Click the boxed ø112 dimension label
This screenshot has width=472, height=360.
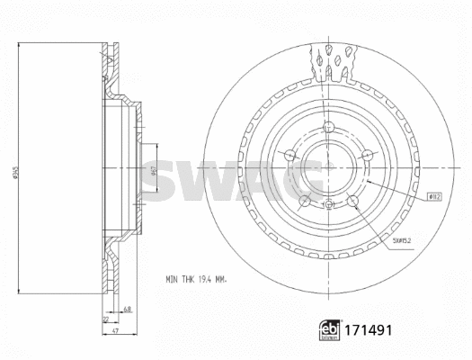(x=433, y=195)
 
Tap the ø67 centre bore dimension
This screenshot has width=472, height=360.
(x=153, y=171)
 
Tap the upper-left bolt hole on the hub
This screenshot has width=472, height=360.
(x=289, y=155)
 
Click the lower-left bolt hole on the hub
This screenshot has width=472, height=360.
(x=305, y=201)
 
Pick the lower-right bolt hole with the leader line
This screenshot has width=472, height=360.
(x=352, y=201)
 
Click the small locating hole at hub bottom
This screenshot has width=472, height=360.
(x=328, y=206)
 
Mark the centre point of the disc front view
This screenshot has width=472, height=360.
(x=328, y=168)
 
